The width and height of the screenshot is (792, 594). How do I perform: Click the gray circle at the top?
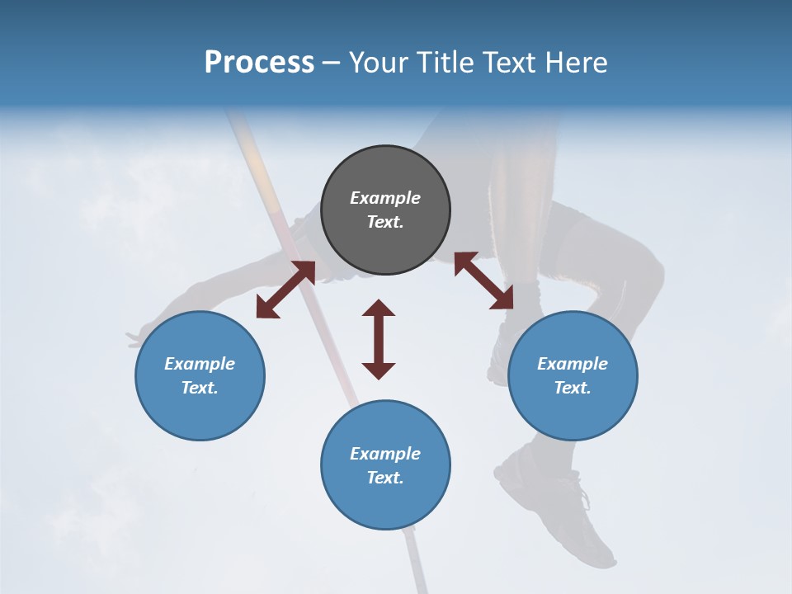point(385,210)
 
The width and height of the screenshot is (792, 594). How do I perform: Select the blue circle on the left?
point(200,375)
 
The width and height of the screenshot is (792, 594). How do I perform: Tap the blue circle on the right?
point(573,375)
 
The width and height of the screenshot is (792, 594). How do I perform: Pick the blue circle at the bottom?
point(385,465)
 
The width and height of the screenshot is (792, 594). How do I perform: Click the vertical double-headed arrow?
point(379,339)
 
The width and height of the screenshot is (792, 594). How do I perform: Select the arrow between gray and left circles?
point(285,290)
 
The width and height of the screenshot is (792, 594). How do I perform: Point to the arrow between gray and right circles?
point(483,280)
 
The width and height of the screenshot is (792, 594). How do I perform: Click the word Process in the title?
point(259,62)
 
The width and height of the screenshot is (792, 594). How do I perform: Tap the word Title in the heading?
point(445,62)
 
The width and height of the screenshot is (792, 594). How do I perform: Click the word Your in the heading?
point(378,62)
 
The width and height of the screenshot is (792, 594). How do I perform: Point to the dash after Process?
point(331,63)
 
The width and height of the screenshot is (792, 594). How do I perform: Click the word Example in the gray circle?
point(385,198)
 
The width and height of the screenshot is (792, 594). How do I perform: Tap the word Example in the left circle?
point(200,364)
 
